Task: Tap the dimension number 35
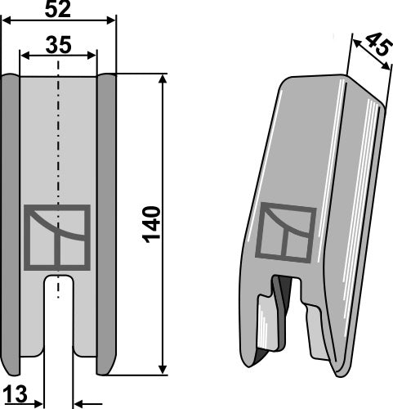[x=59, y=45]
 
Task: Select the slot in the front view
[x=59, y=319]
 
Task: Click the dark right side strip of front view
[x=108, y=221]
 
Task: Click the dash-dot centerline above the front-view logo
[x=59, y=147]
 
